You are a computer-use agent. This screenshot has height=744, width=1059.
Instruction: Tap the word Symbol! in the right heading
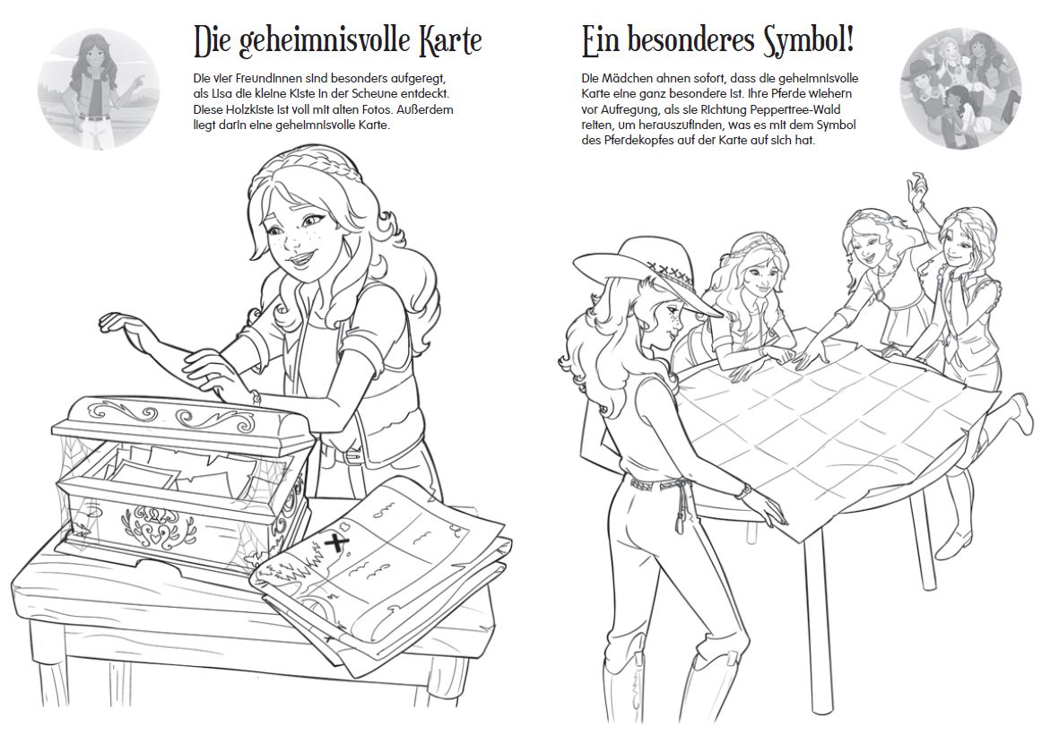809,39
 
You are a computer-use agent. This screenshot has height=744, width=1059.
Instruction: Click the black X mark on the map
333,541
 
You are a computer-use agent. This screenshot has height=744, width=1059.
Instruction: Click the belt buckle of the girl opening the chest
352,458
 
